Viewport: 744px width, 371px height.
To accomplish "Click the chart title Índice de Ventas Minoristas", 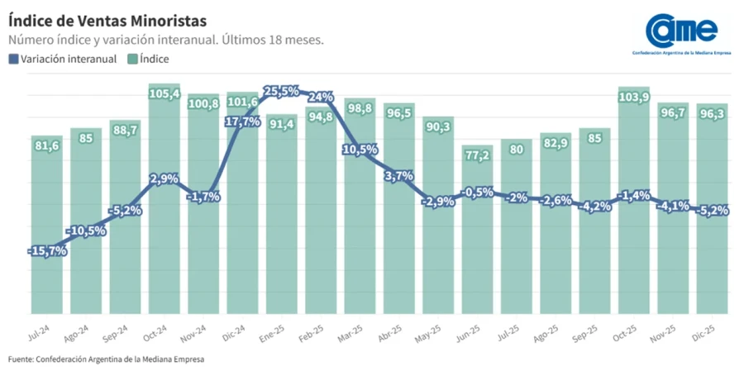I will (107, 18).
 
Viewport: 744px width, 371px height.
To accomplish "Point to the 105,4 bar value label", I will (165, 94).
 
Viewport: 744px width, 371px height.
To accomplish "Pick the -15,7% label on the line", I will (46, 250).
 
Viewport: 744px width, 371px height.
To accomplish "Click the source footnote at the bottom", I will (106, 359).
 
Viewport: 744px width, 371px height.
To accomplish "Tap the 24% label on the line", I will (321, 97).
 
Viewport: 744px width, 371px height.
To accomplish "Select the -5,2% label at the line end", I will (712, 211).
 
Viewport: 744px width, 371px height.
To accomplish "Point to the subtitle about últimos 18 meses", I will (165, 40).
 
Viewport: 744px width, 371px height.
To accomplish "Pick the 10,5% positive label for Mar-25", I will (360, 150).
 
